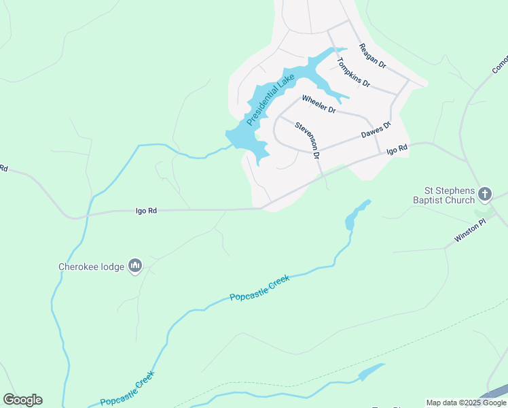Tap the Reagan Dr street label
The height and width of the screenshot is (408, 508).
(372, 56)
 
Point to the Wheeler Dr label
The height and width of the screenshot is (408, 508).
(319, 103)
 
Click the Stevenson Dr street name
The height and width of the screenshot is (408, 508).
(308, 140)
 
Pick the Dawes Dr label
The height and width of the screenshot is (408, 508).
(376, 130)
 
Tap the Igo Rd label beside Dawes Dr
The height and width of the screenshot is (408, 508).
(397, 149)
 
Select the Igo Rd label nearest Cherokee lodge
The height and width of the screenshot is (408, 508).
(147, 211)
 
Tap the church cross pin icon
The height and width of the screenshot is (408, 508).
(485, 194)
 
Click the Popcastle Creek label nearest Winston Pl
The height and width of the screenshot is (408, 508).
(259, 288)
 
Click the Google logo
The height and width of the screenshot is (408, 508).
(22, 400)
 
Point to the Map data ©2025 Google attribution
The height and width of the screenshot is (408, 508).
(466, 403)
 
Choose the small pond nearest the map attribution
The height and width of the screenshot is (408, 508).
(371, 372)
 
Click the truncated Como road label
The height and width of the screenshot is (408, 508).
(500, 65)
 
